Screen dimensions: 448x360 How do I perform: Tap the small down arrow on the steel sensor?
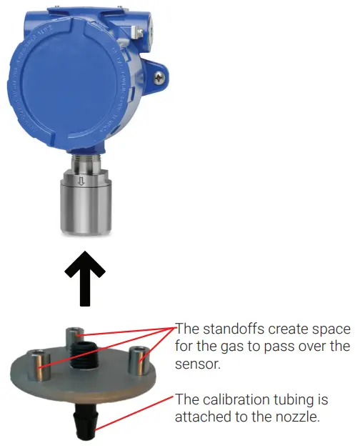pyautogui.click(x=81, y=181)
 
